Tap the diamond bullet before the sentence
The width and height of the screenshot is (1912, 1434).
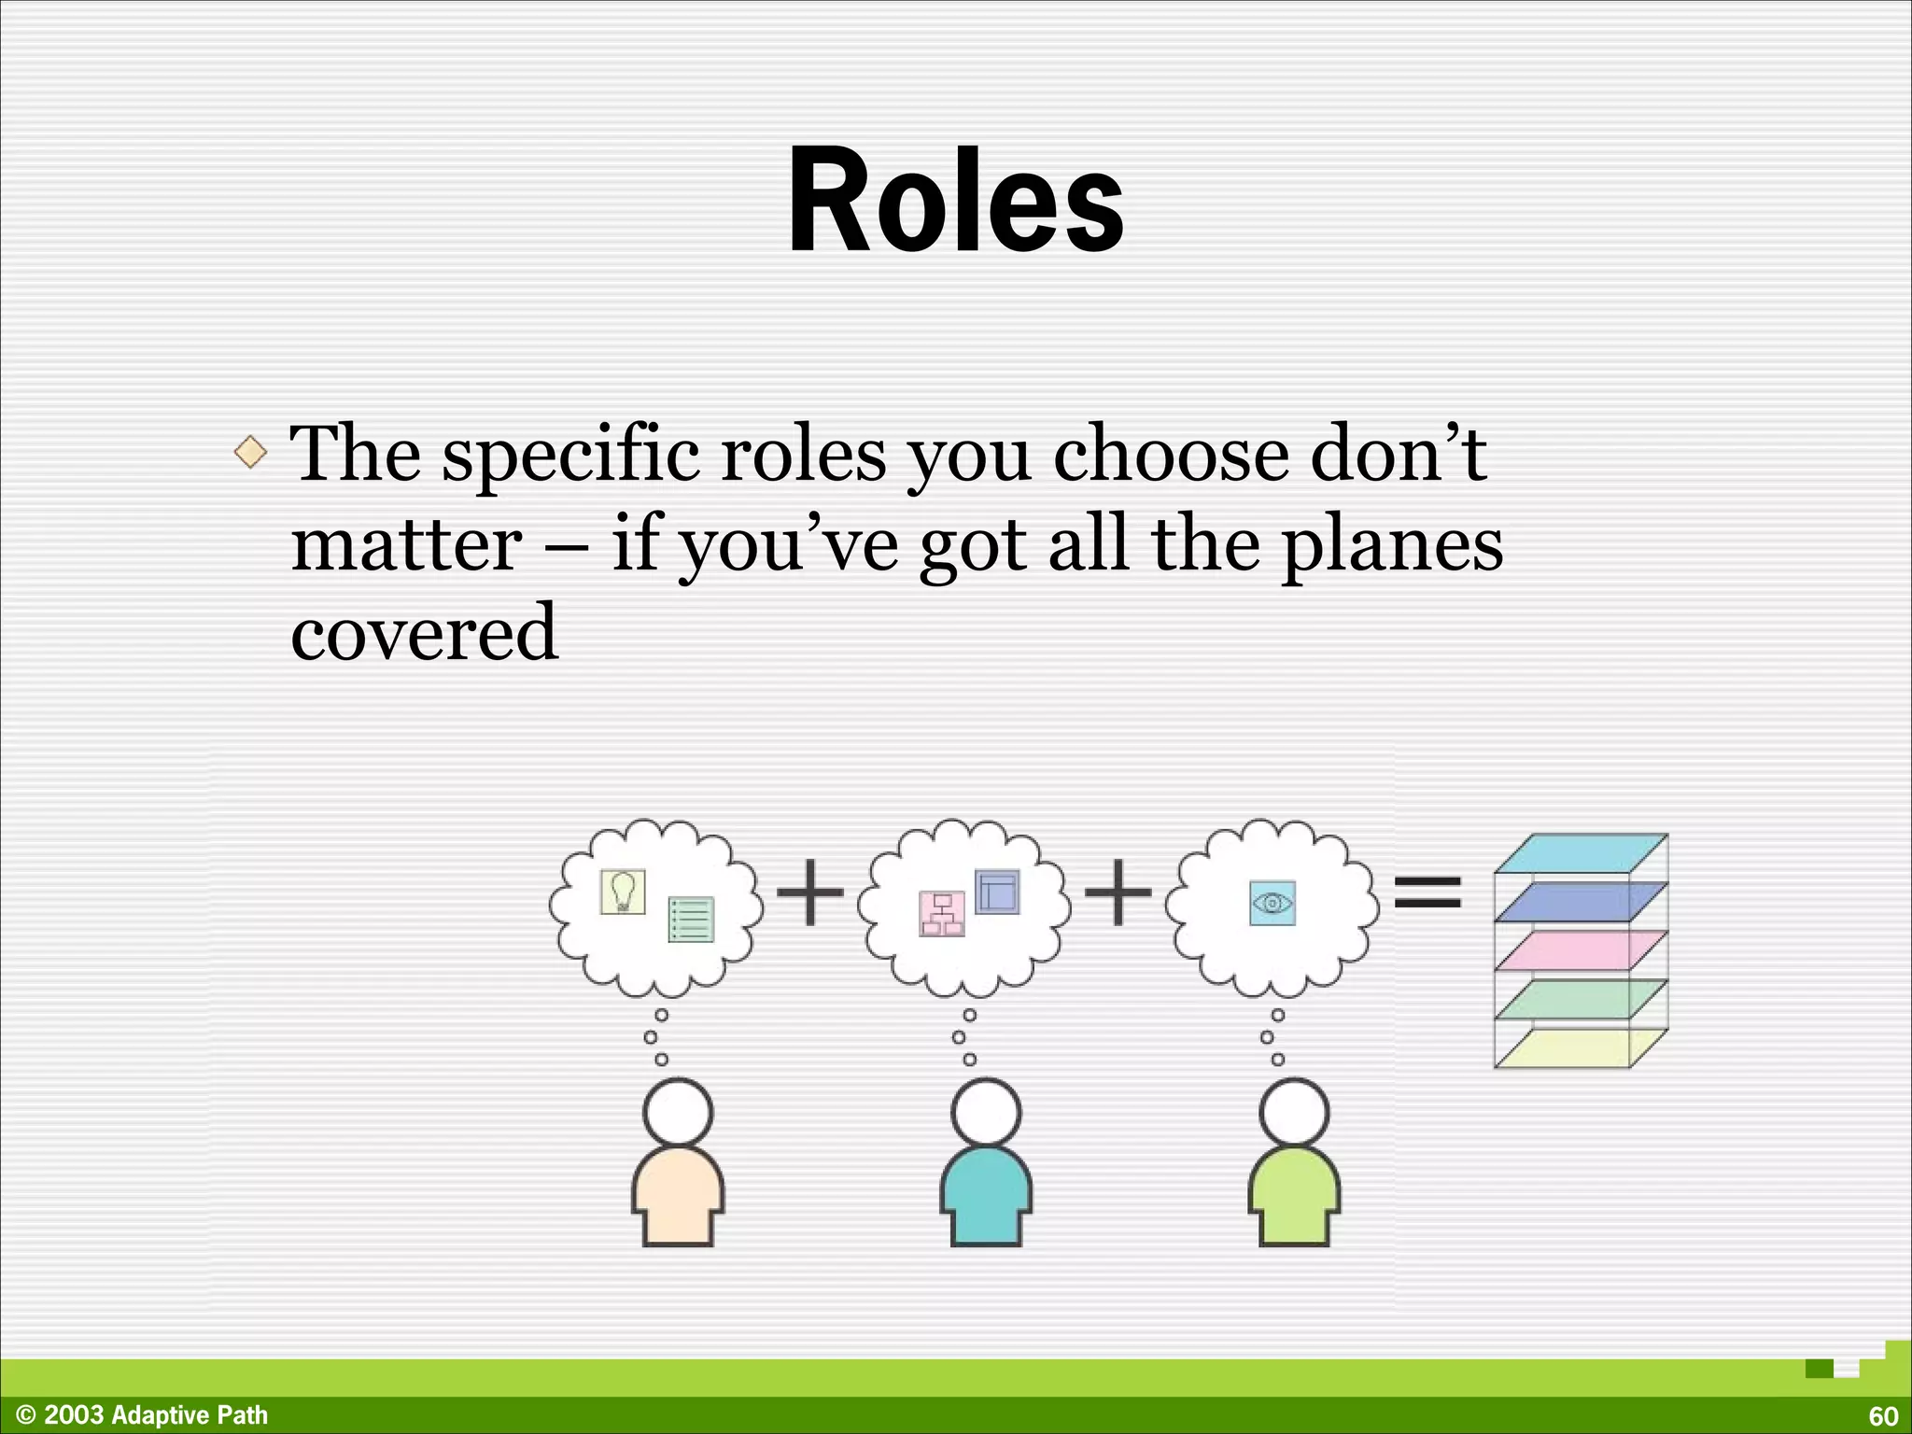(250, 454)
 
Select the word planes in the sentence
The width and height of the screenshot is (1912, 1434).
(1391, 545)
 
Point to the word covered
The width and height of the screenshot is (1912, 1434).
(424, 632)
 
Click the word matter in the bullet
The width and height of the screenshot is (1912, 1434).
(406, 545)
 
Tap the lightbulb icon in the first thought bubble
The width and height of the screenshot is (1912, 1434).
(622, 892)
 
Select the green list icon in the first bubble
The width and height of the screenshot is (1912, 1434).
(691, 920)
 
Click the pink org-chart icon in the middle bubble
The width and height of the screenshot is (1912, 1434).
(941, 914)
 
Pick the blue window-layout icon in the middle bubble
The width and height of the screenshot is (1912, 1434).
(997, 892)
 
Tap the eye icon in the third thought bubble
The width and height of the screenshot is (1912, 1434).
(1272, 903)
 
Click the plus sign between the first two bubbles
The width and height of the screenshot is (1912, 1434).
(809, 893)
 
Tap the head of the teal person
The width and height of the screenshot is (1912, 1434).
(987, 1112)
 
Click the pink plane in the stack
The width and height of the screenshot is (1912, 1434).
(1578, 951)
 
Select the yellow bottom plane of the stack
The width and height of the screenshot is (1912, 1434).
(1578, 1047)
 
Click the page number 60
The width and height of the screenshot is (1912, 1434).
(1883, 1416)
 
